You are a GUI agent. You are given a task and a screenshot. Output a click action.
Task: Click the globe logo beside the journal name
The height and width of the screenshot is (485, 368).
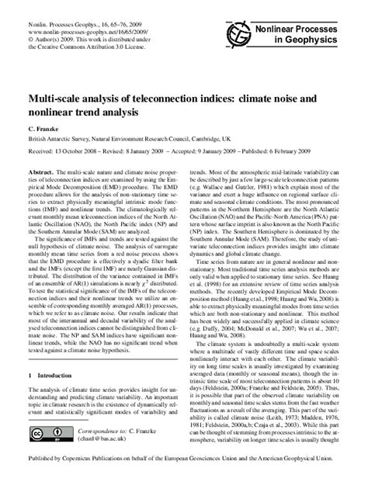point(239,33)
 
